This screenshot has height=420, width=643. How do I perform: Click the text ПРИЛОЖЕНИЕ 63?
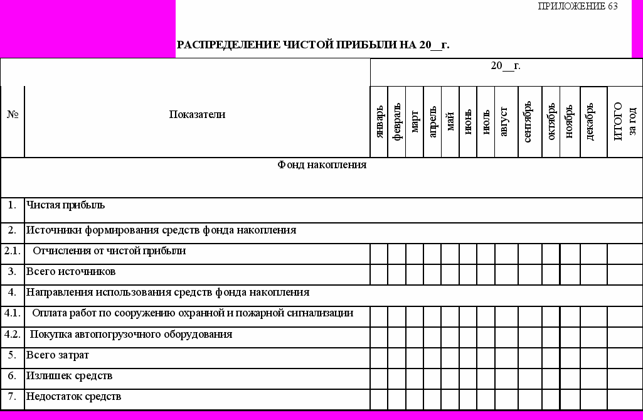pos(577,6)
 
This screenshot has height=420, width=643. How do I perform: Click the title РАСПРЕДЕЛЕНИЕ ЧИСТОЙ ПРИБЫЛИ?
pos(312,45)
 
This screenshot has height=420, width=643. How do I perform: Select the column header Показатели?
pos(197,114)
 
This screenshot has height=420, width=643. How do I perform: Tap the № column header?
pos(12,114)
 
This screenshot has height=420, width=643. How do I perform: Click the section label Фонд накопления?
pos(322,165)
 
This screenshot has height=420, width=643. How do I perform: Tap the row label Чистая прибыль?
pos(65,205)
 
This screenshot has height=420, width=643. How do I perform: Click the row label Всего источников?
pos(70,272)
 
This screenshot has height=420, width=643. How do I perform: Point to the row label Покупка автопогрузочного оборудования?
pos(131,334)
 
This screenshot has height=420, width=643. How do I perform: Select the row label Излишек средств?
pos(69,376)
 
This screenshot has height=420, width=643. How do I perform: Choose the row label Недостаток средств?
pos(73,397)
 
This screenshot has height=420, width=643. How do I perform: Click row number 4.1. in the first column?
pos(12,313)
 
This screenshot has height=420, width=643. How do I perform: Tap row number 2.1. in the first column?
pos(12,251)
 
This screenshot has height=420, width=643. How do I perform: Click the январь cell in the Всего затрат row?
pos(379,358)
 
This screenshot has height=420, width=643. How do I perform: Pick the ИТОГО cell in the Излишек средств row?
pos(625,379)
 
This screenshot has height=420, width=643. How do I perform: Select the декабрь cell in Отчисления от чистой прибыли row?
pos(593,254)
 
